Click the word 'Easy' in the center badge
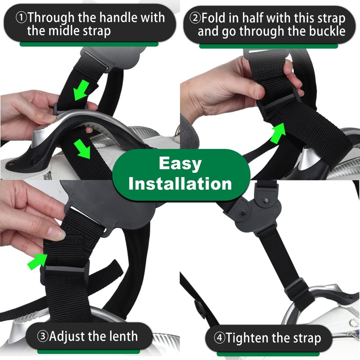(180, 163)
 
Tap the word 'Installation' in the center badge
(180, 183)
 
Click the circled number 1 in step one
(21, 18)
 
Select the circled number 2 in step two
(195, 18)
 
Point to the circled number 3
(42, 337)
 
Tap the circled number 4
(219, 338)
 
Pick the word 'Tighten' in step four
(249, 338)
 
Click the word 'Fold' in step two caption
(214, 18)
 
